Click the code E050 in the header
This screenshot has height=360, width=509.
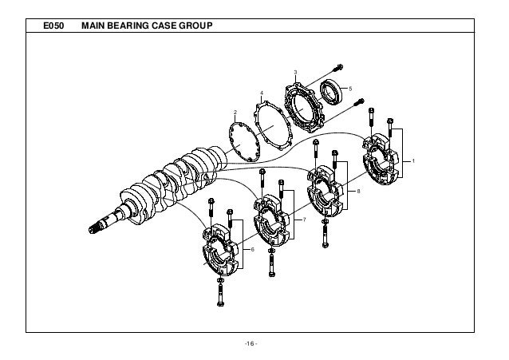[53, 30]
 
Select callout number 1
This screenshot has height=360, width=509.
[413, 162]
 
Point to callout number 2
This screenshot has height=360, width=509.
[235, 111]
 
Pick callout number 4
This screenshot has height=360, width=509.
[262, 94]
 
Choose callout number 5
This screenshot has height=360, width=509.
[350, 87]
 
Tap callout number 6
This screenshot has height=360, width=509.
[252, 250]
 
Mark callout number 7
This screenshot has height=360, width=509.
[302, 219]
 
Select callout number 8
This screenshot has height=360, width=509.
[359, 192]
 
